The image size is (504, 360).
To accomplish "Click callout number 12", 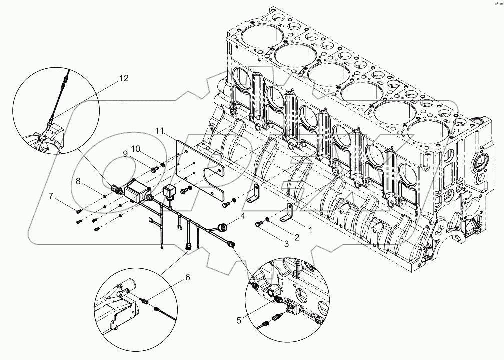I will pyautogui.click(x=123, y=78).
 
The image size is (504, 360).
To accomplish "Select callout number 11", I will pyautogui.click(x=159, y=130).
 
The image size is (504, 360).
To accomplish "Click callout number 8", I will pyautogui.click(x=79, y=181).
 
